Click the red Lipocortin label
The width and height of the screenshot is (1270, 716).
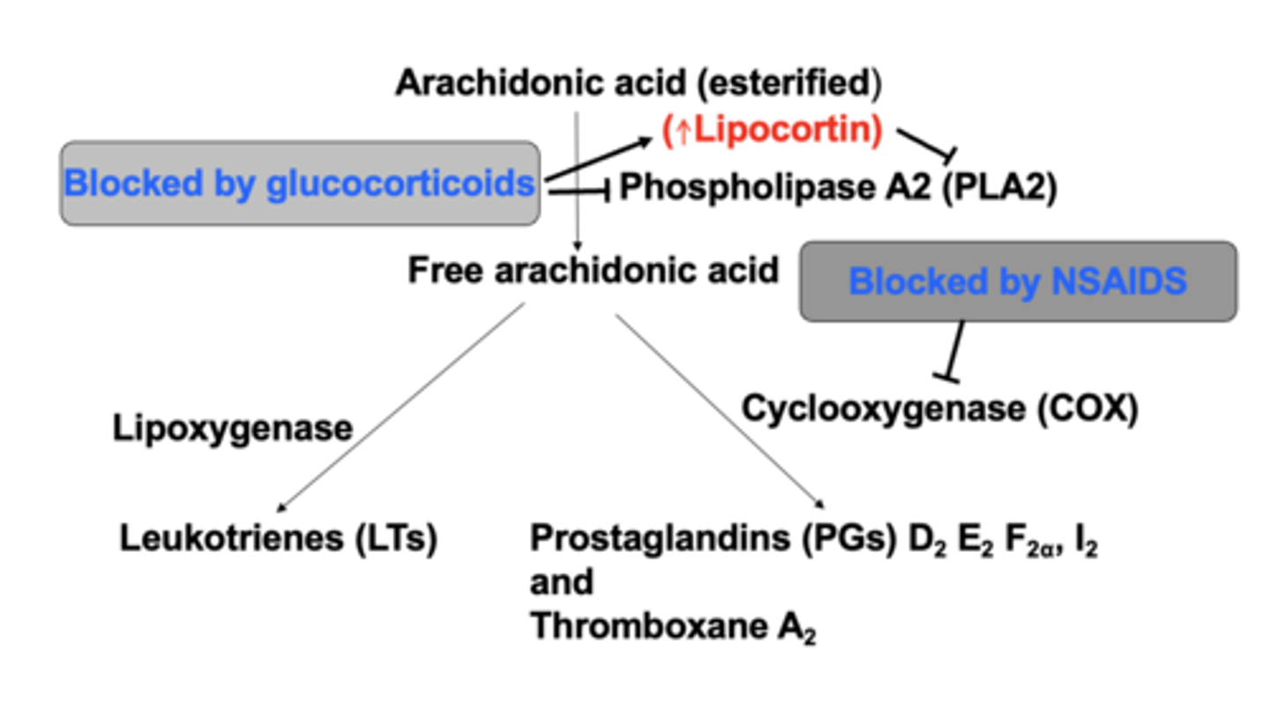(772, 131)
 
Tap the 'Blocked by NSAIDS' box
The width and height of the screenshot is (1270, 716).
(1017, 281)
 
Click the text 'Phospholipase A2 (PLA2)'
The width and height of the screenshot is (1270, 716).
(837, 188)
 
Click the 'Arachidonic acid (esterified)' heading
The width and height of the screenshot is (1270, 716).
(638, 83)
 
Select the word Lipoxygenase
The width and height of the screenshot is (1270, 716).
(232, 429)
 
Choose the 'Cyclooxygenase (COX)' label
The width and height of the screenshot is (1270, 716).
(939, 408)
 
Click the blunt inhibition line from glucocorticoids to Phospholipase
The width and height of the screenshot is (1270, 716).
(578, 189)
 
